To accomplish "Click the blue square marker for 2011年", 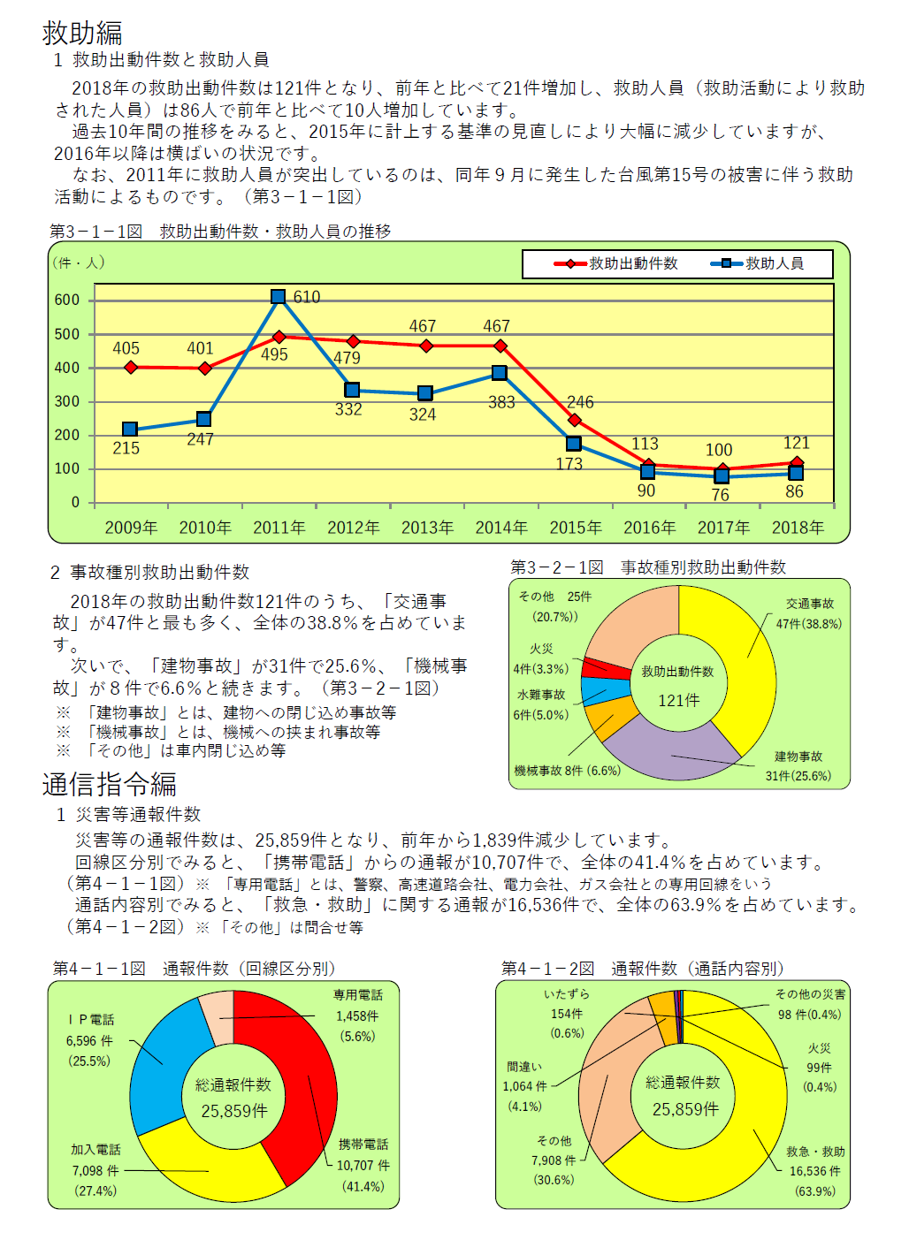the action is tap(278, 296).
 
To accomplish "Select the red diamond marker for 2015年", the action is tap(575, 420).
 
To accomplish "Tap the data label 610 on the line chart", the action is tap(307, 297).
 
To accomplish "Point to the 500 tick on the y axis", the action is tap(66, 334).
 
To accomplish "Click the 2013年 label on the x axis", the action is tap(427, 528).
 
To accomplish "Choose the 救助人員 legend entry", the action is tap(757, 263).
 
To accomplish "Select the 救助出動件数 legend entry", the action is tap(616, 263).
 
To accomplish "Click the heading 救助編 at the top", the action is tap(82, 33).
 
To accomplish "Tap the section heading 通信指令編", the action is tap(110, 784).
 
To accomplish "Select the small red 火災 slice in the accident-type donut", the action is tap(605, 668).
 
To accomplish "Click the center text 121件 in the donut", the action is tap(679, 700).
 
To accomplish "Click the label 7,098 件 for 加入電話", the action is tap(95, 1170).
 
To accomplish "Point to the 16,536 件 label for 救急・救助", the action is tap(815, 1171).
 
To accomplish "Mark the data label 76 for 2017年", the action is tap(720, 495).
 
